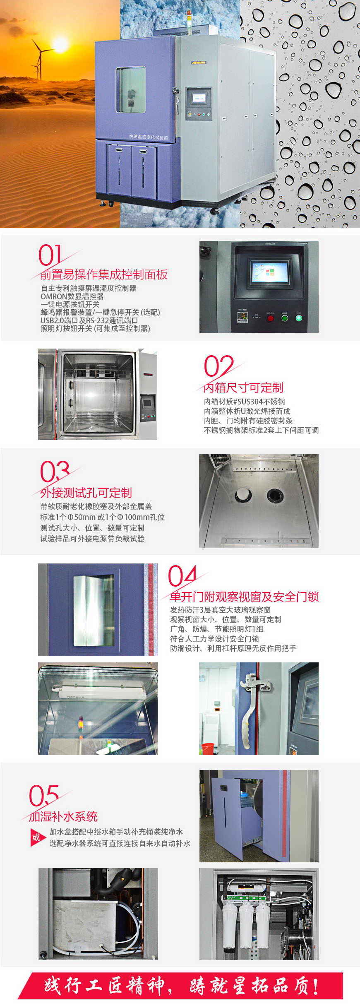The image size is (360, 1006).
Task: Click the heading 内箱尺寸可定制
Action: [243, 387]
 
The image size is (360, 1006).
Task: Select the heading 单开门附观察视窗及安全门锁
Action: [244, 597]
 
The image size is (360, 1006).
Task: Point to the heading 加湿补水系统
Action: [63, 816]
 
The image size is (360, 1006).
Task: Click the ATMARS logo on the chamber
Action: [199, 63]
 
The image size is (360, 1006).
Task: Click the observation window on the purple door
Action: [131, 90]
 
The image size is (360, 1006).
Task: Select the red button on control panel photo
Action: [270, 318]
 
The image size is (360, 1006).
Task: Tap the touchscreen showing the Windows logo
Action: [270, 272]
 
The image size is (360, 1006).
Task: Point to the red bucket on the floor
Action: [208, 748]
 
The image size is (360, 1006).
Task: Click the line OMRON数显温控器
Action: [72, 296]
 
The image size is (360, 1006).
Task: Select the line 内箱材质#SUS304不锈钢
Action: [244, 402]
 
